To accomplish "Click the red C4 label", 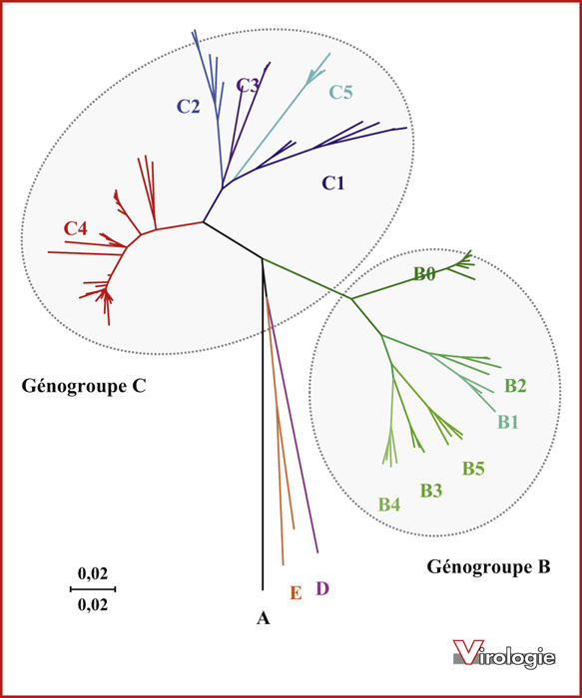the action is (75, 228).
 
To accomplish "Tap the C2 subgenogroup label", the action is (189, 107).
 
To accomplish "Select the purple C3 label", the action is (248, 85).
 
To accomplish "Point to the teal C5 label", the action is (340, 92).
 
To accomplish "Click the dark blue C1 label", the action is (333, 182).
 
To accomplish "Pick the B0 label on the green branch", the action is (424, 274).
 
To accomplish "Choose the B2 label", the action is (515, 386).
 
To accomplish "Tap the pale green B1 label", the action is (508, 421).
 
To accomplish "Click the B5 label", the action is (473, 469).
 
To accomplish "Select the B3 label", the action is (431, 491).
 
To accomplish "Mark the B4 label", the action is (389, 505).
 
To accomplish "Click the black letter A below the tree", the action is (264, 618).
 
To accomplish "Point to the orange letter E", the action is (295, 593).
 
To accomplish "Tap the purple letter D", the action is (322, 588).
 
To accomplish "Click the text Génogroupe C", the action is (84, 387).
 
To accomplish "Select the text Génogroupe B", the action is (489, 567).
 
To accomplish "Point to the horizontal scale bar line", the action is (93, 589).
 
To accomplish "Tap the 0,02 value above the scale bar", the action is (93, 573).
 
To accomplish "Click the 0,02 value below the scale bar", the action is (93, 604).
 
